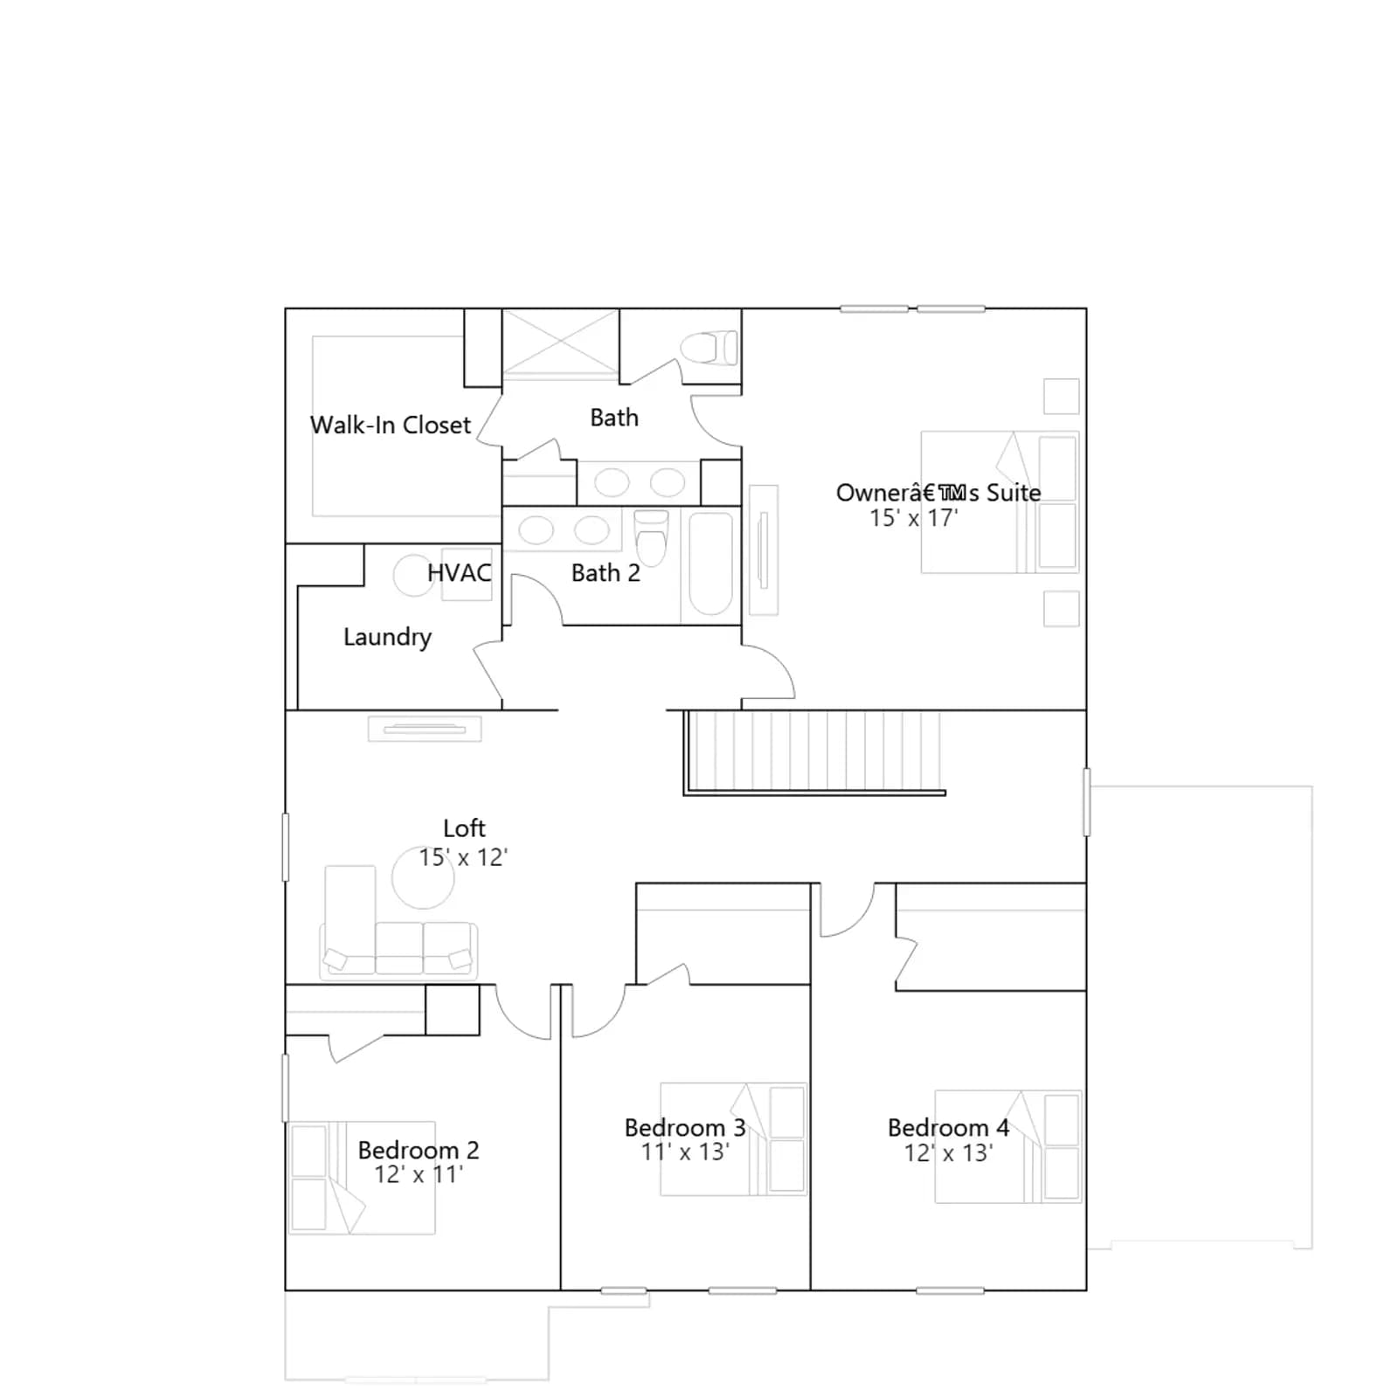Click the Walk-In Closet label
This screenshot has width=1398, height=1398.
point(391,426)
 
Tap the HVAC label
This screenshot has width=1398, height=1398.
point(459,573)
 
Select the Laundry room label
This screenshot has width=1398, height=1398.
point(387,638)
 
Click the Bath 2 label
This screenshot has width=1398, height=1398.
point(606,573)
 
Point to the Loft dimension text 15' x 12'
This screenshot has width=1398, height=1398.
point(463,857)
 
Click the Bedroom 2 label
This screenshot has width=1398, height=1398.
point(419,1150)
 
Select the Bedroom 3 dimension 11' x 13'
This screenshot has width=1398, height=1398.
point(685,1152)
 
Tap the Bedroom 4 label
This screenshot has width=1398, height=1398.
point(948,1128)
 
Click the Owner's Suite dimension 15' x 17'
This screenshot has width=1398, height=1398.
point(914,518)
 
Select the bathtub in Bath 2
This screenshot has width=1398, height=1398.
point(710,564)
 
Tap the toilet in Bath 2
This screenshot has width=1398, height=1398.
point(651,537)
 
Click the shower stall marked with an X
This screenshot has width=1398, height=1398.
point(560,344)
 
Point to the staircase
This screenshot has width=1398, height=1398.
point(813,751)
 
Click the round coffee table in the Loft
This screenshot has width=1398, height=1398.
point(423,877)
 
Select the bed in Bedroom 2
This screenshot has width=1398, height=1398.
point(362,1178)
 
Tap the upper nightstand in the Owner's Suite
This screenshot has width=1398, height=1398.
point(1062,396)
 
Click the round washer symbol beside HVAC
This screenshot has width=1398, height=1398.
point(414,575)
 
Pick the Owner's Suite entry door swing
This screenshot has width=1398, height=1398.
point(768,672)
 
